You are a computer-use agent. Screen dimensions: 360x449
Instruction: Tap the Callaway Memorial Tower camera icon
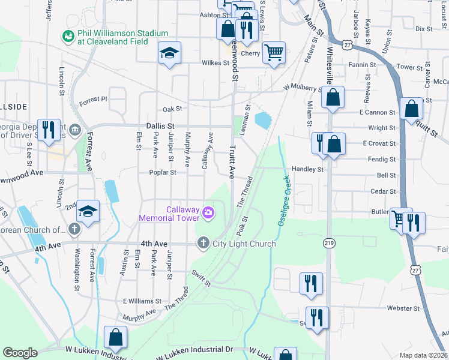208,212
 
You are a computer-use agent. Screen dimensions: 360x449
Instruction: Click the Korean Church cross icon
74,229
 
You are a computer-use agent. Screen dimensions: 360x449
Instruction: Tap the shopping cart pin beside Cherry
274,52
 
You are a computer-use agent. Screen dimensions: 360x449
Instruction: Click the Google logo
20,353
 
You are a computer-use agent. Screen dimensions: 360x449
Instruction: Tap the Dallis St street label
160,126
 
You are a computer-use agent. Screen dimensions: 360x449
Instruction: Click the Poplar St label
163,172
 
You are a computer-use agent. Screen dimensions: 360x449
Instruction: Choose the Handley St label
307,169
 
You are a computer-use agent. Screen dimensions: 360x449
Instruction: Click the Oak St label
172,109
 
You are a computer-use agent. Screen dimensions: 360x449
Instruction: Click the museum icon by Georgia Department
75,129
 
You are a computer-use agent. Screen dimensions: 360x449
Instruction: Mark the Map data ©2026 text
423,355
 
